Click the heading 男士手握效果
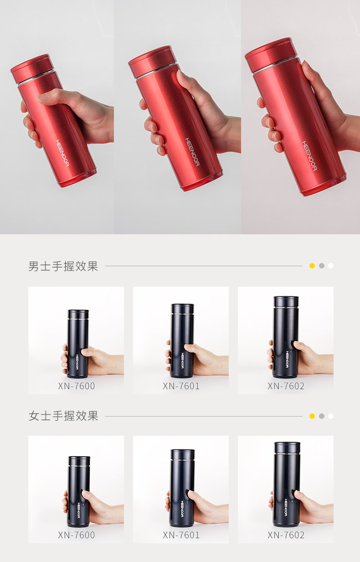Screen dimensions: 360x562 click(x=63, y=266)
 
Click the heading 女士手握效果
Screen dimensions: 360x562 click(x=63, y=416)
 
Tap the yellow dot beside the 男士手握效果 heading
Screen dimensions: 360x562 click(x=312, y=266)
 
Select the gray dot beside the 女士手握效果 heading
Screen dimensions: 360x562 click(x=322, y=416)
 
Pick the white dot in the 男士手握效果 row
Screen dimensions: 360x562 click(x=331, y=266)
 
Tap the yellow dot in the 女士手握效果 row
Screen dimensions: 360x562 click(x=312, y=416)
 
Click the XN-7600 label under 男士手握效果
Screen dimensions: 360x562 click(x=77, y=386)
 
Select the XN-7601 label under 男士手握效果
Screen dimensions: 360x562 click(x=181, y=386)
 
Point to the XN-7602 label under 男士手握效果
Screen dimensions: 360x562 click(x=286, y=386)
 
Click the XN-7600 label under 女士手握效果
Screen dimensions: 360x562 click(x=77, y=535)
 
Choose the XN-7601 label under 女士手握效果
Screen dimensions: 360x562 click(x=181, y=535)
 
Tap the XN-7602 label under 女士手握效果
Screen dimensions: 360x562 click(x=286, y=535)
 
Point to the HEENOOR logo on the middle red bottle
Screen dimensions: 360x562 click(x=192, y=152)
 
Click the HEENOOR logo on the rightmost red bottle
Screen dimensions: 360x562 click(x=309, y=156)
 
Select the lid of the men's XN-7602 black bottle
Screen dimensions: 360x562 click(x=286, y=301)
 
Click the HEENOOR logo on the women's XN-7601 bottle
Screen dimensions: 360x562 click(x=182, y=509)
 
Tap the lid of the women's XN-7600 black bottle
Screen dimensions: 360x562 click(x=79, y=461)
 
